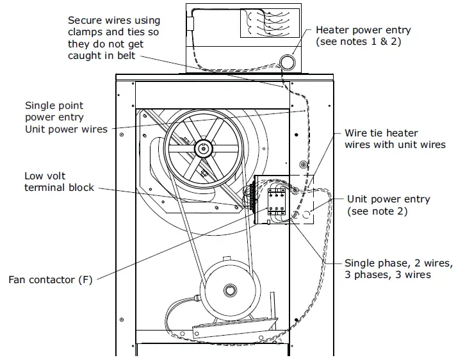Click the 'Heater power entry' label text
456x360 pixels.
[x=363, y=30]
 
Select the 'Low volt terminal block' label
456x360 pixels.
[x=59, y=181]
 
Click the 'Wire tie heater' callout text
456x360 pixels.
[x=381, y=133]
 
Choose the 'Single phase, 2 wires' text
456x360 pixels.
[x=398, y=263]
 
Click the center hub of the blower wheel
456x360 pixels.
[x=204, y=149]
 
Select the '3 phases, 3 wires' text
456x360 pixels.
[x=387, y=275]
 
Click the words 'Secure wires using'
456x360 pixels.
[x=114, y=21]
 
